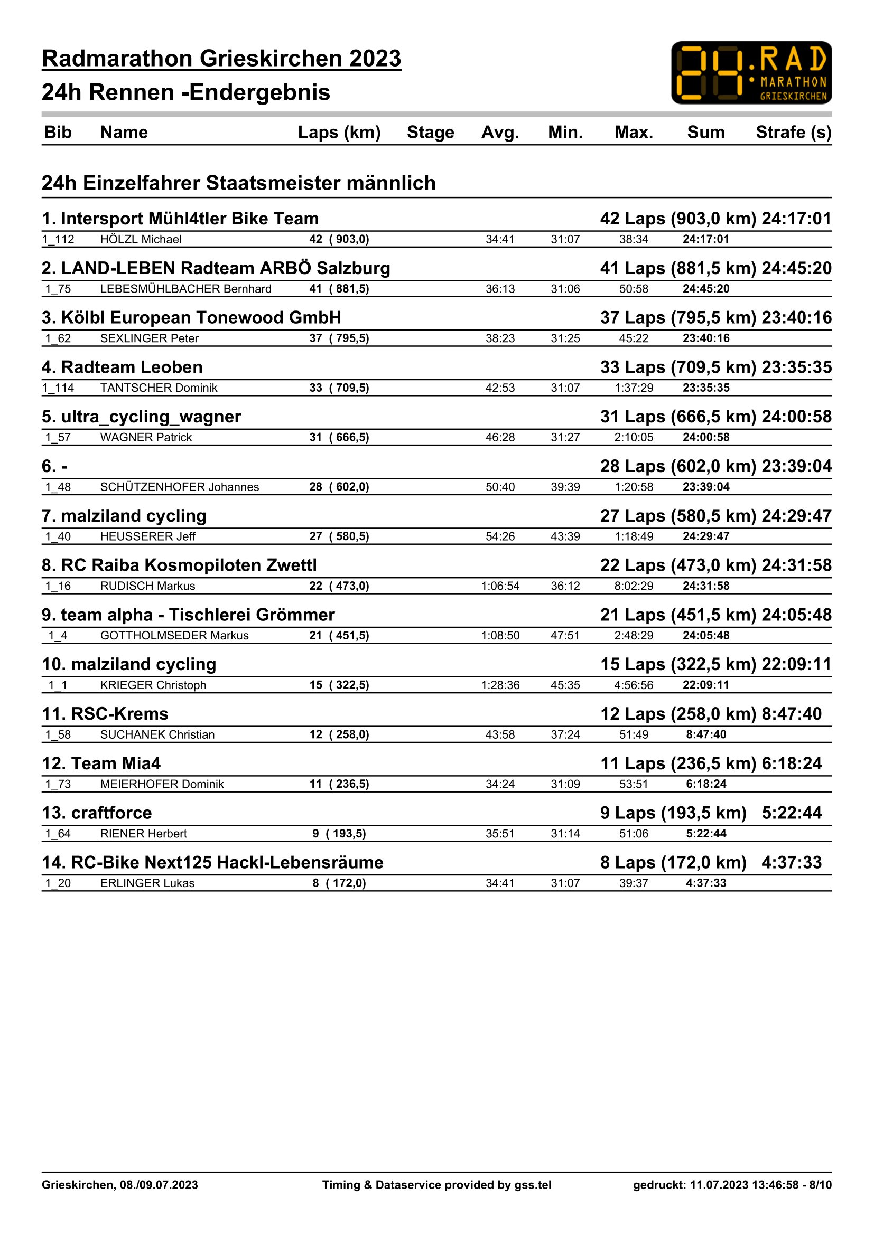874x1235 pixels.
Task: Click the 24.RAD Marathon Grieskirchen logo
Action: click(751, 73)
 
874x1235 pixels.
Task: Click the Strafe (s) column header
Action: click(793, 133)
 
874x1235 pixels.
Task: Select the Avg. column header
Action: click(500, 133)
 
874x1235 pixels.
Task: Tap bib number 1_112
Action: click(58, 239)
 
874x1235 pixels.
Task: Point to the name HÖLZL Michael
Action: click(141, 239)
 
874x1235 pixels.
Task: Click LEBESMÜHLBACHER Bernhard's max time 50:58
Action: click(634, 289)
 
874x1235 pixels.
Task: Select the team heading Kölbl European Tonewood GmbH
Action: click(192, 317)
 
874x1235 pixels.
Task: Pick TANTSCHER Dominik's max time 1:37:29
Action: click(634, 388)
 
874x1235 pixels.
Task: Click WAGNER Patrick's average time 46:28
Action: click(500, 437)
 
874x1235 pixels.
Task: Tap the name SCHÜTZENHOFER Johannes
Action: click(179, 487)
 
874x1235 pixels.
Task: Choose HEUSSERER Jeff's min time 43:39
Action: click(565, 536)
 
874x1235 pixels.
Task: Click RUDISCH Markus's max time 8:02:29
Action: click(634, 586)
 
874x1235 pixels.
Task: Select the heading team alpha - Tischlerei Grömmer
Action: click(188, 615)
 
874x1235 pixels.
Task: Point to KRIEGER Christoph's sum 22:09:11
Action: click(705, 685)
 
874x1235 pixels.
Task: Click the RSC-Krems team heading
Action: click(106, 714)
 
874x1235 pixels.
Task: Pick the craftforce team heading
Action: click(97, 813)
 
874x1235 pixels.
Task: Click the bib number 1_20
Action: click(58, 883)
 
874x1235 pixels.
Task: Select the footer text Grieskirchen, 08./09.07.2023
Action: click(119, 1184)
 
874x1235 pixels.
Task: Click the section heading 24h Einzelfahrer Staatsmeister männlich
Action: click(238, 183)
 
